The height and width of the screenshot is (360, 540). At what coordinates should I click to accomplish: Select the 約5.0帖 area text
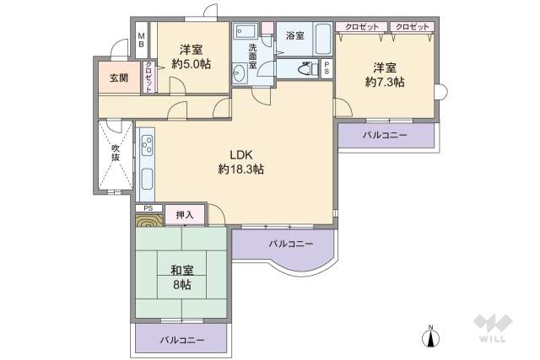(192, 64)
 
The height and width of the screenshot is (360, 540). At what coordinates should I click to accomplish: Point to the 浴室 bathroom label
(294, 35)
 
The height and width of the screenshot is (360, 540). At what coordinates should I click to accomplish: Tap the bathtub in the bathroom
(321, 38)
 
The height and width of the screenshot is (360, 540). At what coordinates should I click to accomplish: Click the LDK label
(241, 154)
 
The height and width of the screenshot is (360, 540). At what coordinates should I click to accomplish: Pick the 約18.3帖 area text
(241, 170)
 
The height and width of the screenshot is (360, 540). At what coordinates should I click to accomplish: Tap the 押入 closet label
(185, 216)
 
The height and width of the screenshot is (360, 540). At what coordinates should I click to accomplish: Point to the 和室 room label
(181, 271)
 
